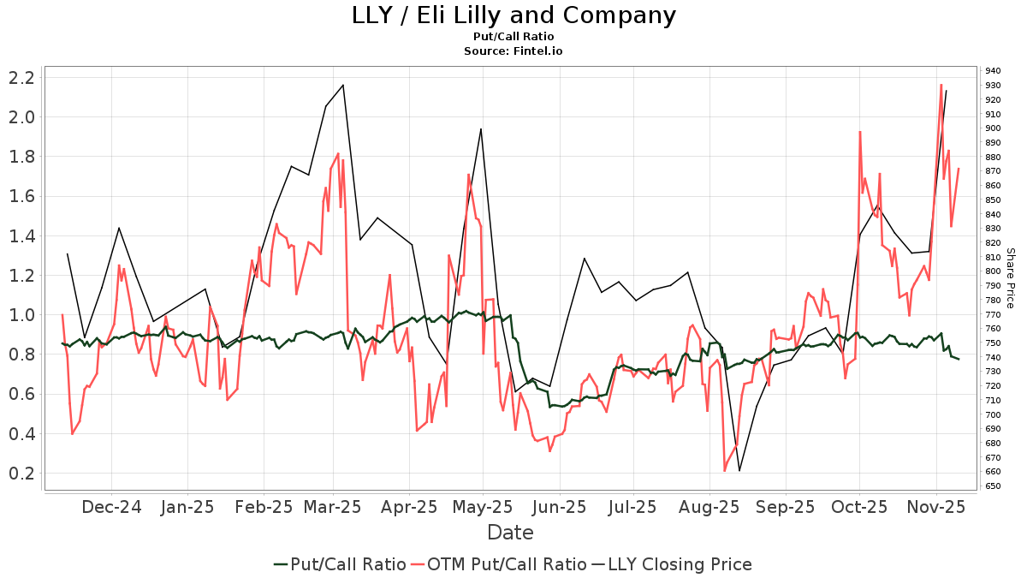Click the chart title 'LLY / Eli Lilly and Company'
point(513,15)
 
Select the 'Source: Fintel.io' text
point(513,51)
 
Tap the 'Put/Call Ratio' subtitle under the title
point(513,37)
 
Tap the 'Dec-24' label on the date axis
point(111,507)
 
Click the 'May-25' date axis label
point(483,507)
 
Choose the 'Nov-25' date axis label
point(936,507)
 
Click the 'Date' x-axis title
point(510,533)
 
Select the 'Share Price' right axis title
point(1010,278)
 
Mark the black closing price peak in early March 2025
point(343,85)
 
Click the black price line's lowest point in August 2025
point(739,471)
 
